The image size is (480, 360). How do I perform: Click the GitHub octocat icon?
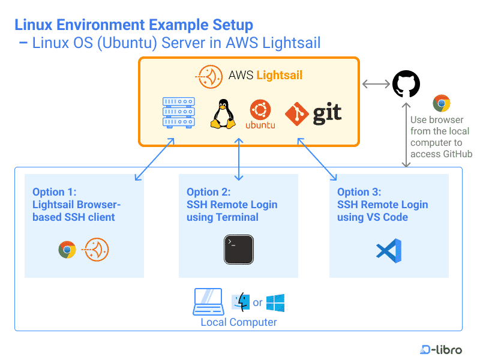[406, 83]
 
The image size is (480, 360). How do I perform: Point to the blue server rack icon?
[179, 112]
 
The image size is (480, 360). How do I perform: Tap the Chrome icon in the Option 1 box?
[67, 250]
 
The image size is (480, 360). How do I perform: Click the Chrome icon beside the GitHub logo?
[442, 103]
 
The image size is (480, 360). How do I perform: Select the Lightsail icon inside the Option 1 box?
[97, 250]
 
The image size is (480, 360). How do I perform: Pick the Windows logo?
[275, 302]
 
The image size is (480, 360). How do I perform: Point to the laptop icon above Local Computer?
[208, 302]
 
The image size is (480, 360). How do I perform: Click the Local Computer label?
[239, 322]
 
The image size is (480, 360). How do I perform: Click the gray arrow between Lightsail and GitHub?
[376, 84]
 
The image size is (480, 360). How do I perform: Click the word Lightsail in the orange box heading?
[280, 75]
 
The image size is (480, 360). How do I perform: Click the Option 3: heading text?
[359, 192]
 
